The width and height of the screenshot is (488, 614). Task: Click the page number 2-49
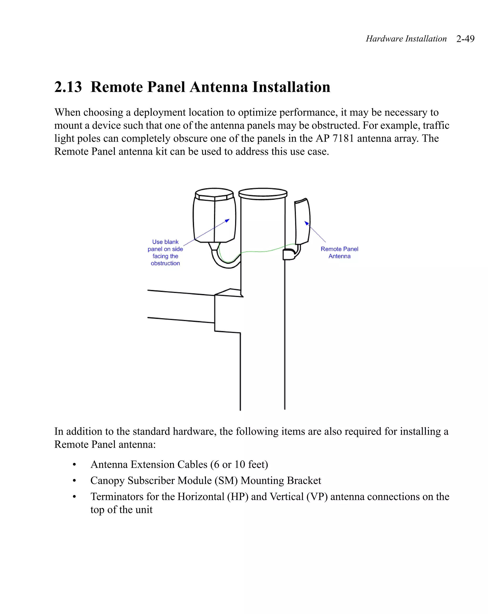pos(465,39)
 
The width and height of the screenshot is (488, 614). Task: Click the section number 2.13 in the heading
pos(68,87)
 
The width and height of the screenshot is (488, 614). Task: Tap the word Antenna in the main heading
pos(219,87)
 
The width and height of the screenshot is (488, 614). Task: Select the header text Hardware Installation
pos(406,39)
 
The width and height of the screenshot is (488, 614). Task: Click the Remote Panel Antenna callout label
pos(339,252)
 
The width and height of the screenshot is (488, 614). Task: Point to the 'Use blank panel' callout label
pos(165,252)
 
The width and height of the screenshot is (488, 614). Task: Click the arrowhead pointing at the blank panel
pos(228,220)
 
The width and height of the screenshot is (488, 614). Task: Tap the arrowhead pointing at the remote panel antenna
pos(306,223)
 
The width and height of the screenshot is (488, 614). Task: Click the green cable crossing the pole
pos(262,251)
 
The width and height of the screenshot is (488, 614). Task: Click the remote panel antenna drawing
pos(302,222)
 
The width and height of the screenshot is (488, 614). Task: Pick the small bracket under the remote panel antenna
pos(289,254)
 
